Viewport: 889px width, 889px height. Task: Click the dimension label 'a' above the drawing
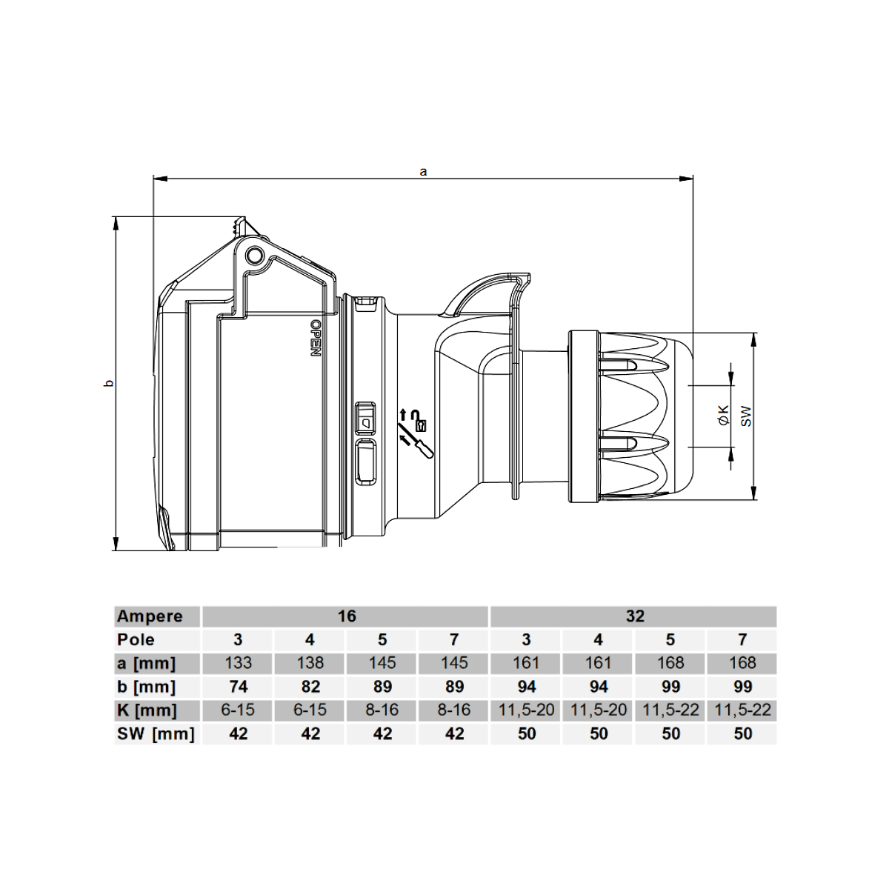(x=423, y=172)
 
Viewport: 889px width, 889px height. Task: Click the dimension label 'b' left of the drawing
(x=108, y=383)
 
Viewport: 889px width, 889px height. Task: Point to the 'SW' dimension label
(x=746, y=416)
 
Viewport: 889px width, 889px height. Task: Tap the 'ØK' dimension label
(x=724, y=415)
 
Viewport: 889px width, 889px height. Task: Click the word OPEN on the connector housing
(x=316, y=338)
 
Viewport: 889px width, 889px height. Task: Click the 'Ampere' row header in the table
(x=150, y=616)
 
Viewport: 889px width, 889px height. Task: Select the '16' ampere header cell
(x=347, y=616)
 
